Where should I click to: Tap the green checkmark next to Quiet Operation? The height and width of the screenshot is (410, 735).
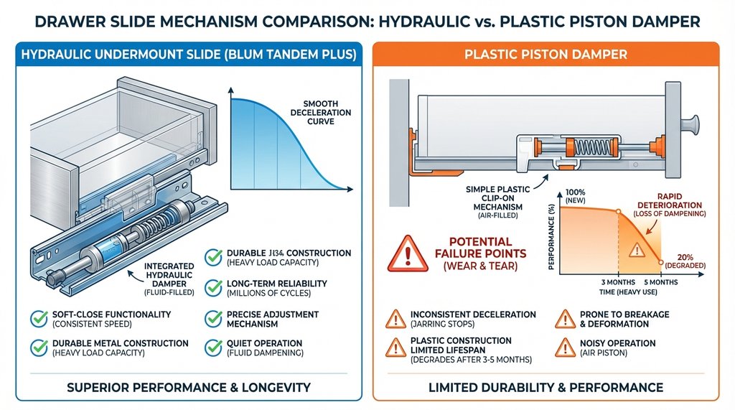(213, 348)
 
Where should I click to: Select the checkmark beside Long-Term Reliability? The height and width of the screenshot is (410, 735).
(213, 287)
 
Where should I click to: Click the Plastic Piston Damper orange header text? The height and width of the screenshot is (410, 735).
(546, 55)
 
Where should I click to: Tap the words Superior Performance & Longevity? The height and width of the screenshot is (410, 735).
(188, 387)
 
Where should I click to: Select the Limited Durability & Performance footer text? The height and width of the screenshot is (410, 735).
(546, 387)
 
